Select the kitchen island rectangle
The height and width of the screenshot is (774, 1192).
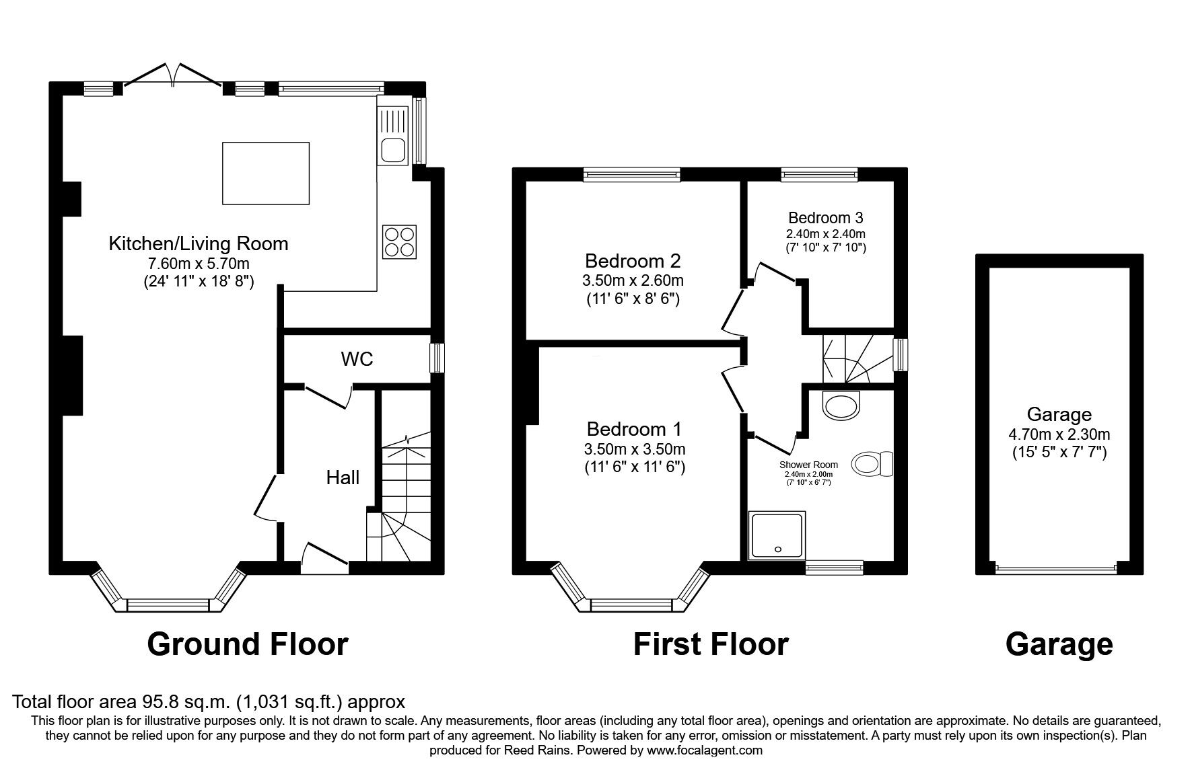(x=265, y=173)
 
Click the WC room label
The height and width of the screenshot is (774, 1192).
(x=357, y=359)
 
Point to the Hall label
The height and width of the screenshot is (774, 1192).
(x=343, y=477)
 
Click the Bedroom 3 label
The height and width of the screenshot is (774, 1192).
(x=825, y=218)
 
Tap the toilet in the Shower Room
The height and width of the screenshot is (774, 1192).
(x=873, y=464)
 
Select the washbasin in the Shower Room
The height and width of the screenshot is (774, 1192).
(x=842, y=405)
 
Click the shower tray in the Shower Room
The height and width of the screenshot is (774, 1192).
(x=777, y=535)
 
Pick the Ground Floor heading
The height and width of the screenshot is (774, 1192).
(x=247, y=644)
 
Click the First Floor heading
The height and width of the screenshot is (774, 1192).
(x=710, y=644)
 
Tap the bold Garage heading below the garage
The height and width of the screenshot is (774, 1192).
(x=1059, y=644)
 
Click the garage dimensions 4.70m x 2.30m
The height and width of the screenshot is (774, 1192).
(x=1059, y=434)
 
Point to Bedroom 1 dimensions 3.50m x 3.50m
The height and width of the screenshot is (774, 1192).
(x=635, y=449)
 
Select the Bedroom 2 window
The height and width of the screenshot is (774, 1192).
(x=632, y=175)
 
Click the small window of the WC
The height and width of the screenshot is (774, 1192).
(x=437, y=357)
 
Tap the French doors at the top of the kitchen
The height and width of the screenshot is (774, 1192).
(x=173, y=75)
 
